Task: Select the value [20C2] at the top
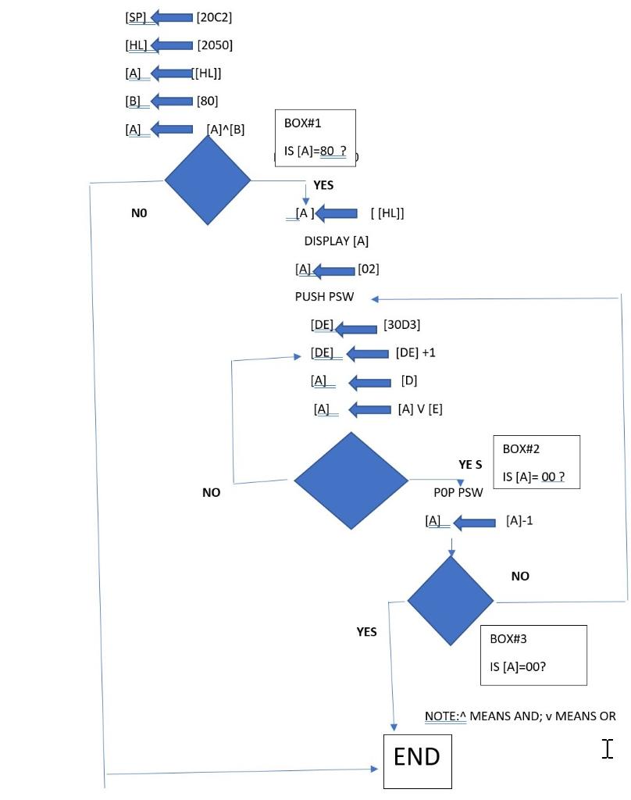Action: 214,17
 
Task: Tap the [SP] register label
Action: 136,17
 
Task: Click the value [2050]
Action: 215,45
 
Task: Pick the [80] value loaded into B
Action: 207,101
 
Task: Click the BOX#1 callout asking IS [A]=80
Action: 315,137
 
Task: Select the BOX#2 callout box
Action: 536,462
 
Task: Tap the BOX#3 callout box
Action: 533,655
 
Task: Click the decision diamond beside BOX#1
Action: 208,180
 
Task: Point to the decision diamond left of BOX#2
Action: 351,480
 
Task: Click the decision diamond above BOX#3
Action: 451,601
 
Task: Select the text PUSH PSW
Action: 324,297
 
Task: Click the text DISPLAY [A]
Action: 336,241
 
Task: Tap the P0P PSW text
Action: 458,492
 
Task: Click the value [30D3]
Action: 401,325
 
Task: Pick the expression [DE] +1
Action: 415,352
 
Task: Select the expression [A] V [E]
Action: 420,409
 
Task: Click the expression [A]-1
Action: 519,520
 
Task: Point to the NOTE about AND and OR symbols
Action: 520,716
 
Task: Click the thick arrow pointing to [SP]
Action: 172,17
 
